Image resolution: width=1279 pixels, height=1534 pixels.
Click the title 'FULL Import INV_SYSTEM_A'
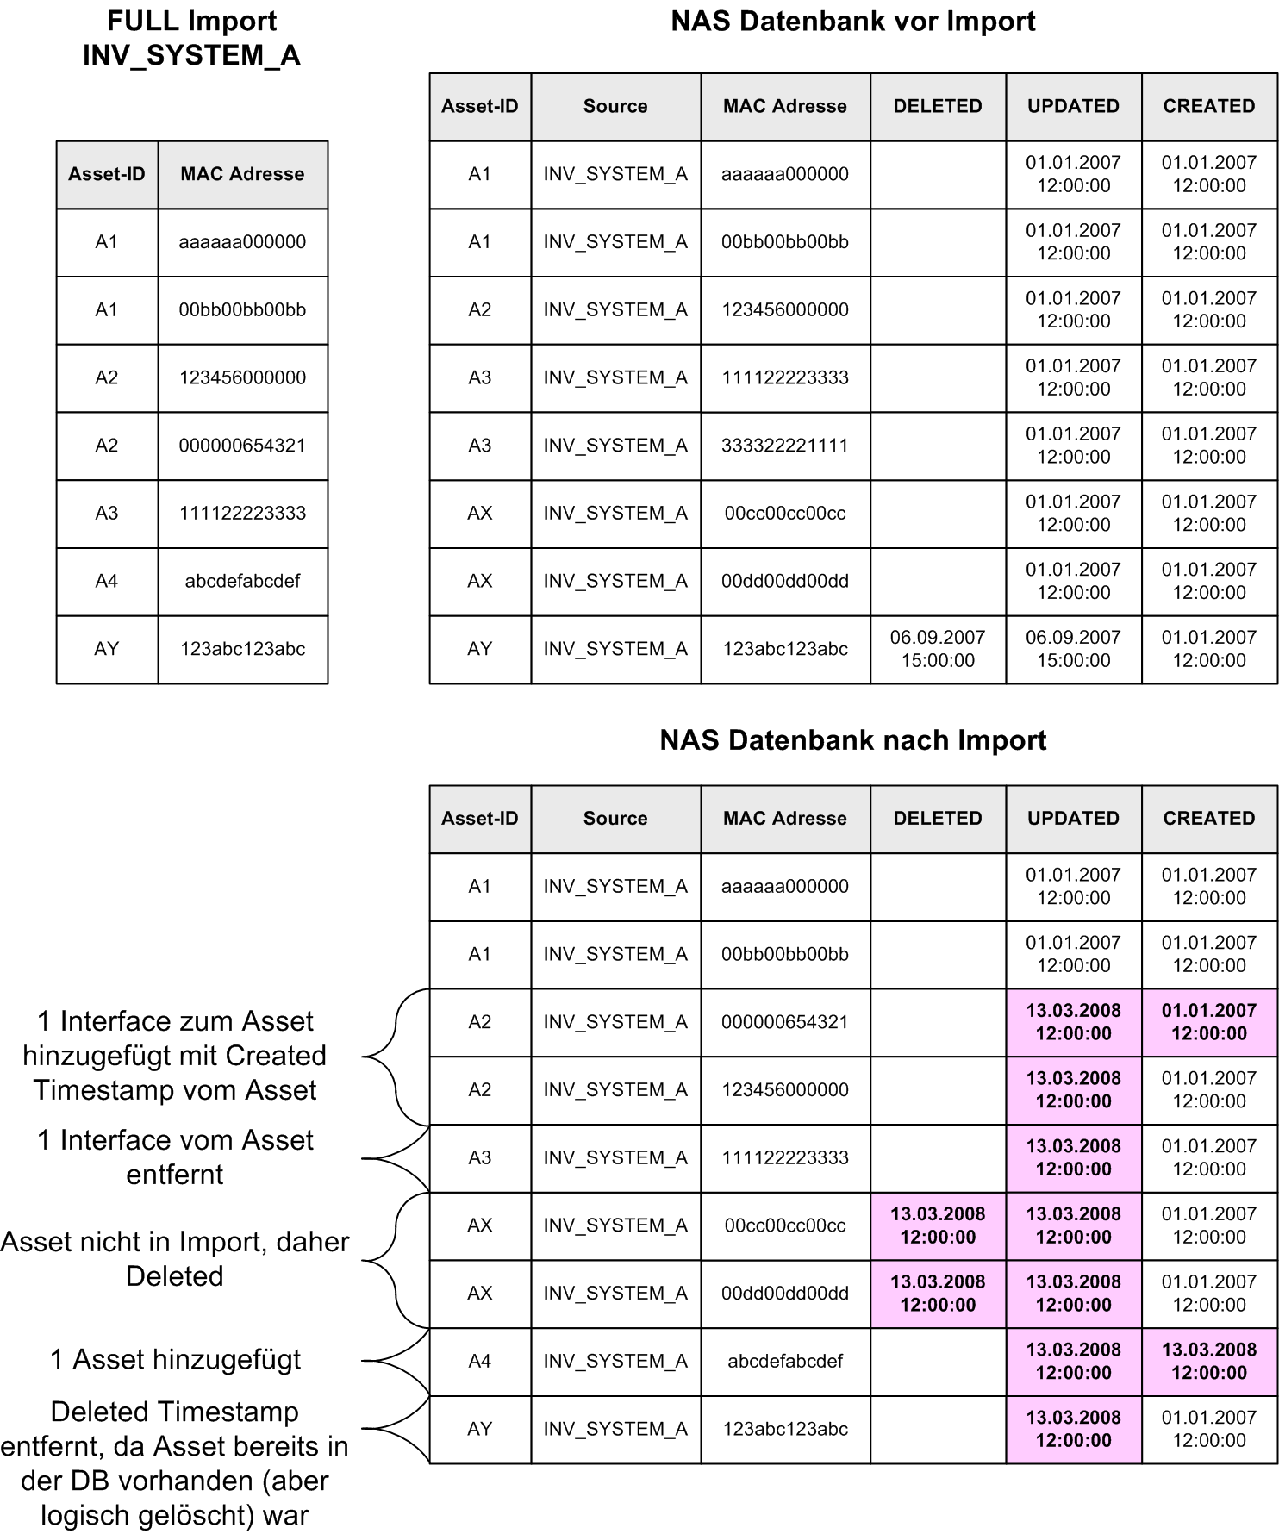(191, 38)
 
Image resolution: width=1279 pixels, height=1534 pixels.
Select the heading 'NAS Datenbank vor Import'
(852, 22)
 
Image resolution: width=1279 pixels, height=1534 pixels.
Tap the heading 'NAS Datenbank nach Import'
(852, 740)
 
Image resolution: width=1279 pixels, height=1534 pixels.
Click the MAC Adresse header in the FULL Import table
(242, 174)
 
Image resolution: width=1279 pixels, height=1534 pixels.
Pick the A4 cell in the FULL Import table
(107, 581)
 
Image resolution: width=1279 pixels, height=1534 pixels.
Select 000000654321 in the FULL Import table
(242, 446)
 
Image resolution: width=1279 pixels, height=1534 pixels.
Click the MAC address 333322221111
(784, 446)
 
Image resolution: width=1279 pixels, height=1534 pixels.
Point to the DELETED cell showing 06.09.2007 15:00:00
(938, 649)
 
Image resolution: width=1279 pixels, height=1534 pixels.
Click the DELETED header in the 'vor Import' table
(938, 106)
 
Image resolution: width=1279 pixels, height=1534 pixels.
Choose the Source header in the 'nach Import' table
(615, 818)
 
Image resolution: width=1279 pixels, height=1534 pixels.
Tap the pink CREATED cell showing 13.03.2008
(1209, 1361)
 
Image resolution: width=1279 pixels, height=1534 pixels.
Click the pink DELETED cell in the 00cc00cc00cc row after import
(938, 1225)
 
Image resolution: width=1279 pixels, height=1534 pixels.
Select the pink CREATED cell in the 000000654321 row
(1209, 1022)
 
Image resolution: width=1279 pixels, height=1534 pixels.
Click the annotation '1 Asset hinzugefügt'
(176, 1360)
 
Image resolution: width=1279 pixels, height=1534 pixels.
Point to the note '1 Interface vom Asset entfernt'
(175, 1157)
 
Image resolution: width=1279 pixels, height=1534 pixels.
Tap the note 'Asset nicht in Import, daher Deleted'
(175, 1259)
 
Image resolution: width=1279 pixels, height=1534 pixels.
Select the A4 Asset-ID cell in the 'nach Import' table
(480, 1361)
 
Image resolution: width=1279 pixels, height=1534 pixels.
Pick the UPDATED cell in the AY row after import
(1073, 1429)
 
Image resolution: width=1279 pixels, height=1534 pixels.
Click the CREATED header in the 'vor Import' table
(1209, 106)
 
